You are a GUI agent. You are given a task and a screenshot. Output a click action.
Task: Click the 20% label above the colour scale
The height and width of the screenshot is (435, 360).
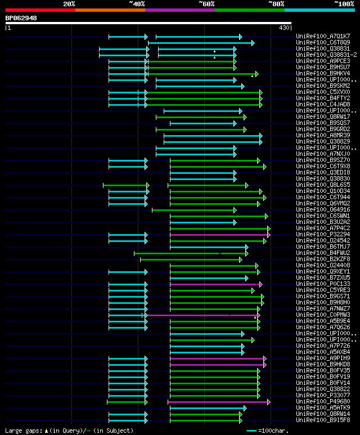click(69, 4)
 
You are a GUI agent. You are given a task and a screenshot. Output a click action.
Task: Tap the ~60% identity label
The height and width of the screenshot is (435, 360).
click(206, 4)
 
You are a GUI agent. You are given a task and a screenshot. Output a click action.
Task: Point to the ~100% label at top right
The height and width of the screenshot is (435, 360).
click(344, 4)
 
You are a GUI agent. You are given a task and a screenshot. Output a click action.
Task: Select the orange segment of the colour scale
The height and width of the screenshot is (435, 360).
click(110, 10)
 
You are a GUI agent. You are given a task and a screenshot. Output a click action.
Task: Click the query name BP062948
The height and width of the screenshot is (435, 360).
click(21, 18)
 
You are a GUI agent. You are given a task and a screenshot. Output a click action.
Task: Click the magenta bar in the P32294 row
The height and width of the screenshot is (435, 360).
click(219, 235)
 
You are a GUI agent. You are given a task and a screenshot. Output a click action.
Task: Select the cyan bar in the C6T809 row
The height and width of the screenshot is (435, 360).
click(200, 43)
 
